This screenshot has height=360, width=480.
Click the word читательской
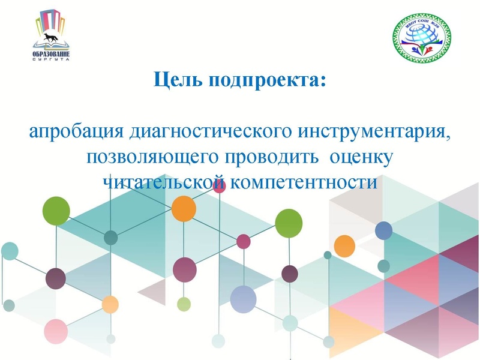164,181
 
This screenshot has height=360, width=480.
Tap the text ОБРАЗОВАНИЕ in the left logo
52,53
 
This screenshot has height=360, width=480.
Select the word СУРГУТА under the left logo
52,59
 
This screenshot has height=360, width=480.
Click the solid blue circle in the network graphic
383,230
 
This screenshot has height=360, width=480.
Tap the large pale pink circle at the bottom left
56,331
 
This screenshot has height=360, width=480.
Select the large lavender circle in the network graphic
243,299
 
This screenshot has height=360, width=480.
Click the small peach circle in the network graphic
110,304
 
